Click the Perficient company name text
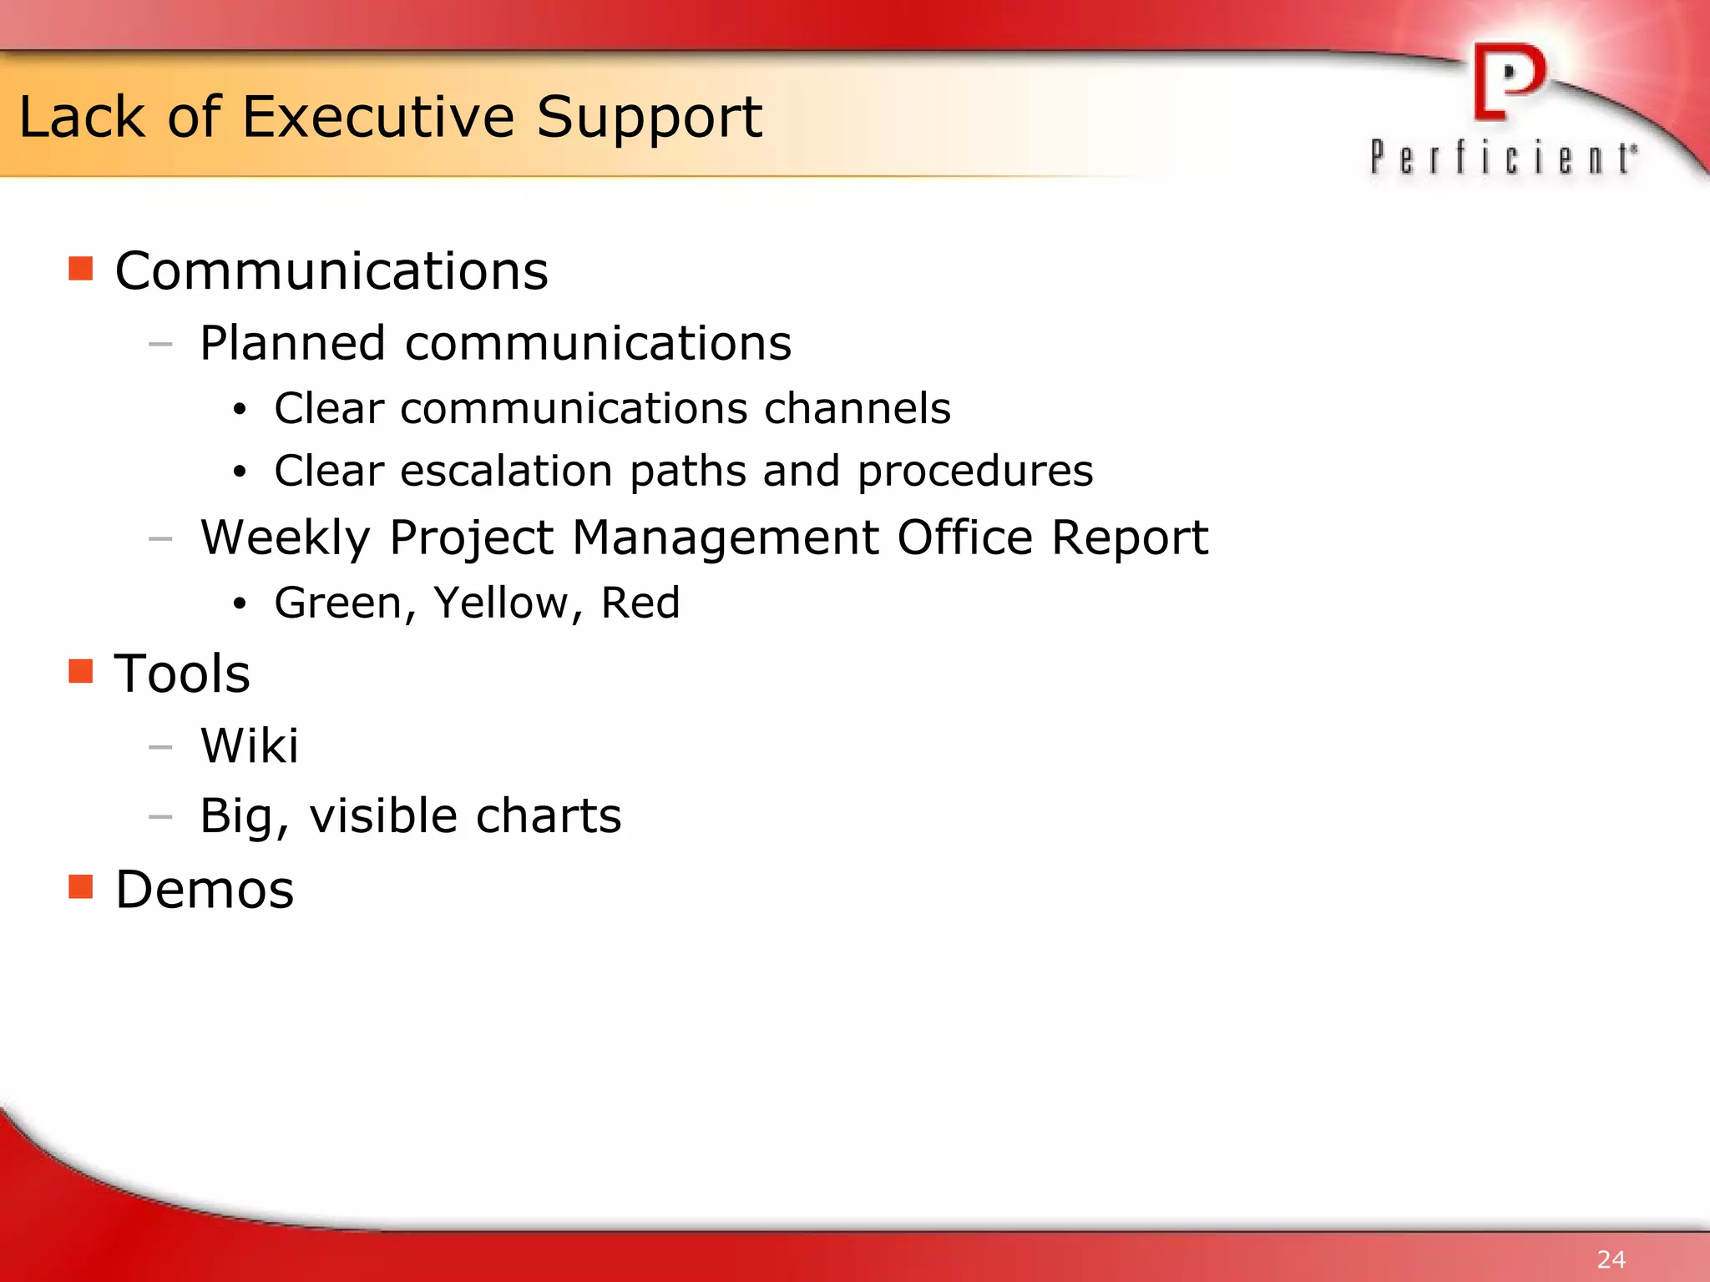point(1503,158)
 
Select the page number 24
point(1611,1259)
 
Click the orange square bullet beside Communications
point(81,269)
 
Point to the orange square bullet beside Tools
point(81,671)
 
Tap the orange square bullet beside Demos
point(81,886)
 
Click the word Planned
point(292,343)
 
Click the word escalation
point(507,471)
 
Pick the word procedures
point(974,472)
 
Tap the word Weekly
point(285,538)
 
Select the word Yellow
point(500,603)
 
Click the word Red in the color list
point(640,603)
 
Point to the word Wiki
point(249,745)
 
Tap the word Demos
point(205,889)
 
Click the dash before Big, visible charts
point(160,816)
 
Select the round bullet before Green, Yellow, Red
point(240,603)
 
